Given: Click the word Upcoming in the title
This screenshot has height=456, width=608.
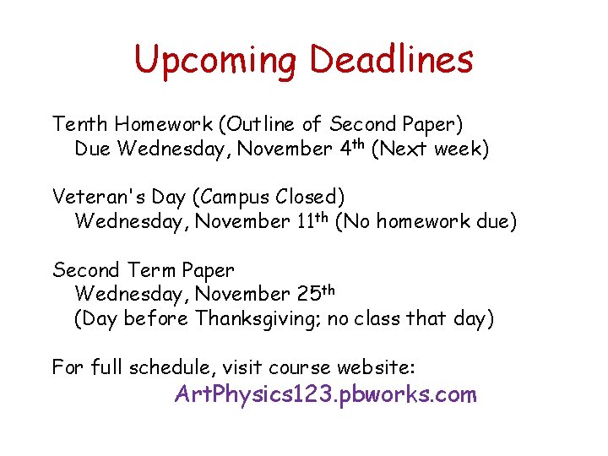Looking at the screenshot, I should click(216, 60).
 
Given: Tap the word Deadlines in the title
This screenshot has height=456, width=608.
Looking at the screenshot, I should click(391, 60).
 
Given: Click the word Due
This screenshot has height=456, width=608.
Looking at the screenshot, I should click(93, 149).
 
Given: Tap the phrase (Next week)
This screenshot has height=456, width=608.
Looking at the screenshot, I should click(430, 149).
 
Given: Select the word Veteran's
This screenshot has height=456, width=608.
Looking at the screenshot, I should click(94, 198).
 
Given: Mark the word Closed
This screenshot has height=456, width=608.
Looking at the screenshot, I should click(309, 198).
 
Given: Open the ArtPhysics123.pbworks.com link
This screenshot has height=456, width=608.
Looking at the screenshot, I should click(325, 394).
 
